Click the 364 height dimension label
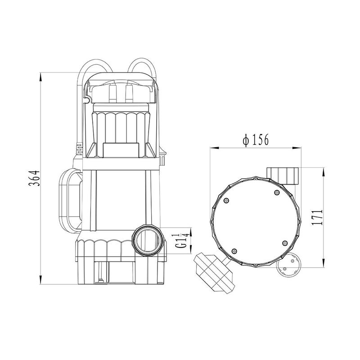pyautogui.click(x=34, y=178)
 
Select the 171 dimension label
pyautogui.click(x=318, y=217)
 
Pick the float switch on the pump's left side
pyautogui.click(x=70, y=199)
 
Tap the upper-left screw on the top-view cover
pyautogui.click(x=227, y=200)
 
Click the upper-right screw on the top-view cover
pyautogui.click(x=277, y=193)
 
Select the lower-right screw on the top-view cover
pyautogui.click(x=285, y=243)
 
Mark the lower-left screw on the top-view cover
pyautogui.click(x=234, y=251)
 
